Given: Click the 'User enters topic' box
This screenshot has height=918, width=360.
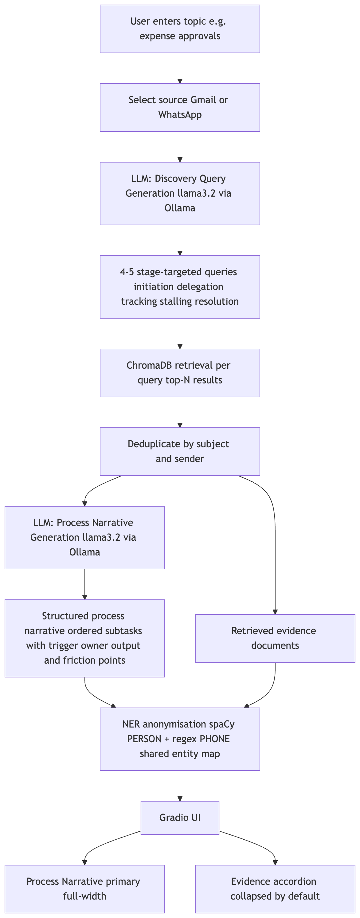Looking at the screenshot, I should (180, 29).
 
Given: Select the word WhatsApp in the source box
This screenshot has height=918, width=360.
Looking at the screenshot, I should (180, 115).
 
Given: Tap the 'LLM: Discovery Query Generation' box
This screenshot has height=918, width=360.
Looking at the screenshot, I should (180, 193).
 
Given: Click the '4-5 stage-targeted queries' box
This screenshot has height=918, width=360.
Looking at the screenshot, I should (180, 287).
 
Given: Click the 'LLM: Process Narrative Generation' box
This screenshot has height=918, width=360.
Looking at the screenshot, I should (84, 537).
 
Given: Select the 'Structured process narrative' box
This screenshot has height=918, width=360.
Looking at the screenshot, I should (84, 638).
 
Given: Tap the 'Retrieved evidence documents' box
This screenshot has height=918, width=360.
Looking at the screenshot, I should (275, 638).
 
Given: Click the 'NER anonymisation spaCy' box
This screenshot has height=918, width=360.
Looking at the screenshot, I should (180, 739).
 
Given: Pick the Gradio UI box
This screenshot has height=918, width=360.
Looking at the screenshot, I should (180, 818).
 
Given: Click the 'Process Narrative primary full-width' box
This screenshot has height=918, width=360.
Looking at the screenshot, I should (84, 889).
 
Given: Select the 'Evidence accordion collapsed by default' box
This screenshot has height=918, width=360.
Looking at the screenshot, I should (275, 889).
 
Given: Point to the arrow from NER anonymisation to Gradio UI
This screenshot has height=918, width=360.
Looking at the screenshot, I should (180, 786).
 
